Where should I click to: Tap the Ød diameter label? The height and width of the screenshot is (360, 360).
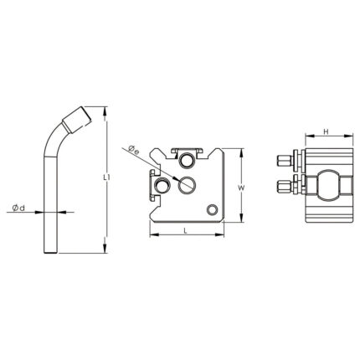18,208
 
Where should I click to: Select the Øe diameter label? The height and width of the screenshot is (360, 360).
134,150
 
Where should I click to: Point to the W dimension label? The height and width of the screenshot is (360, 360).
241,188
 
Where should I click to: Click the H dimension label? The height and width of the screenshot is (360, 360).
326,131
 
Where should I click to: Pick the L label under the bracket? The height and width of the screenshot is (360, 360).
185,230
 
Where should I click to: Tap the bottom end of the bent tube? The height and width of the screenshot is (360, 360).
51,253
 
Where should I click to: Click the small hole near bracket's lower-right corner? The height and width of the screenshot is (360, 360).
212,210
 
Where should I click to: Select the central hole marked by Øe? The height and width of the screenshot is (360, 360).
187,185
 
